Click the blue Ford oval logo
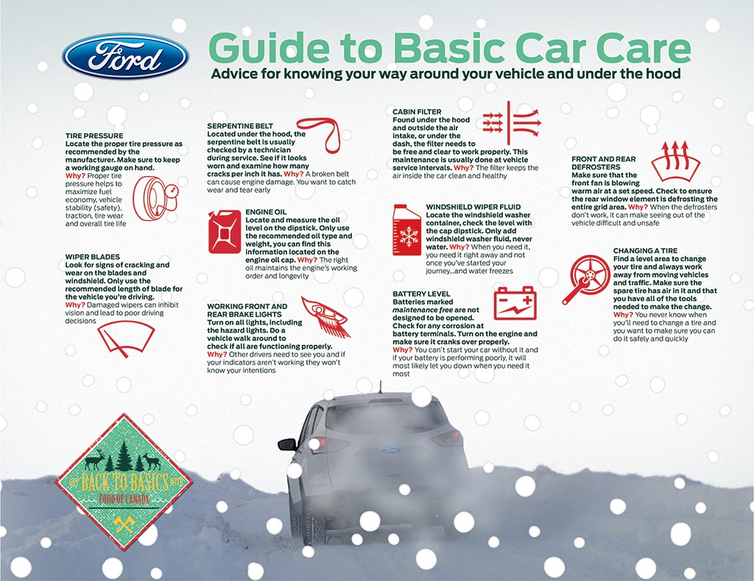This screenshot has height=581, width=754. (125, 57)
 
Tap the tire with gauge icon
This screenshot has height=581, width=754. (157, 199)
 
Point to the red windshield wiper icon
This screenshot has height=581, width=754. (126, 337)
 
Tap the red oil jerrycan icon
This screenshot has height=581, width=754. (225, 231)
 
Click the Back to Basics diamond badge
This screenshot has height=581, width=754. (124, 481)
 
